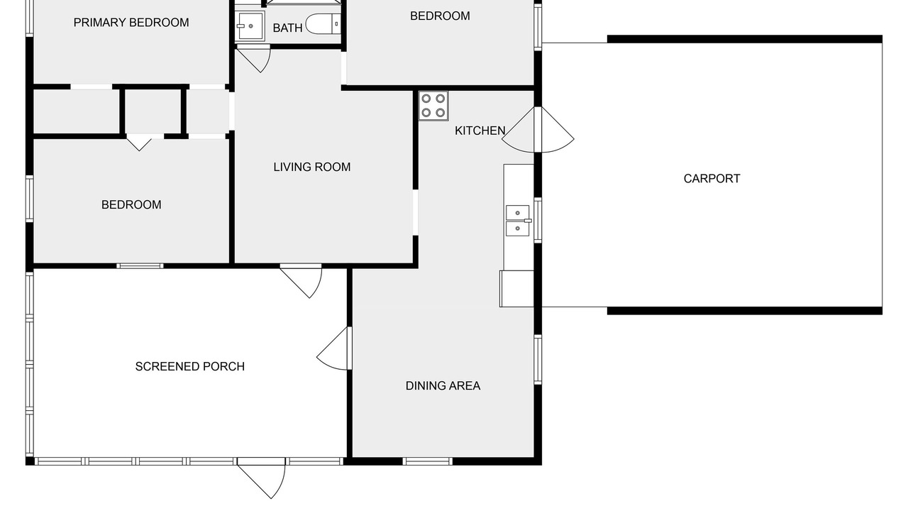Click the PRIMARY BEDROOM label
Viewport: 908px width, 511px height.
tap(131, 23)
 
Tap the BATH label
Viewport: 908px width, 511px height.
tap(287, 28)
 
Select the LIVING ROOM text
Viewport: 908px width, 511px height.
tap(311, 167)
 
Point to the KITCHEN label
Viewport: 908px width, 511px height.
tap(480, 131)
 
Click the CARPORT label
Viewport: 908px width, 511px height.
tap(712, 178)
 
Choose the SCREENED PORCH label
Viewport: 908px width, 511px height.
tap(189, 367)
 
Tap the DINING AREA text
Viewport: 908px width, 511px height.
tap(443, 385)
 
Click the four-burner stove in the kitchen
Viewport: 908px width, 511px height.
tap(433, 106)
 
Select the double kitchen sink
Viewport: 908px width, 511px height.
tap(518, 221)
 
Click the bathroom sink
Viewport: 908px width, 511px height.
tap(250, 26)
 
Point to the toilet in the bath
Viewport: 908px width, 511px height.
tap(323, 23)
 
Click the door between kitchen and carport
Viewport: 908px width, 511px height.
tap(538, 130)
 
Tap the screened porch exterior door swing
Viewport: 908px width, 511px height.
tap(262, 478)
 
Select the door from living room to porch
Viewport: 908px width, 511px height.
tap(301, 281)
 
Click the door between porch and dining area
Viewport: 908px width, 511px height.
tap(334, 348)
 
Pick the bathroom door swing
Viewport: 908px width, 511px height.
tap(254, 59)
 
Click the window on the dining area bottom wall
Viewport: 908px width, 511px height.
tap(427, 461)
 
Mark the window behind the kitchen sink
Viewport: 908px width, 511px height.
tap(538, 220)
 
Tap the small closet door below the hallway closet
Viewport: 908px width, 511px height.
tap(139, 143)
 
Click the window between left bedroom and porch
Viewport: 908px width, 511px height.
tap(140, 266)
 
